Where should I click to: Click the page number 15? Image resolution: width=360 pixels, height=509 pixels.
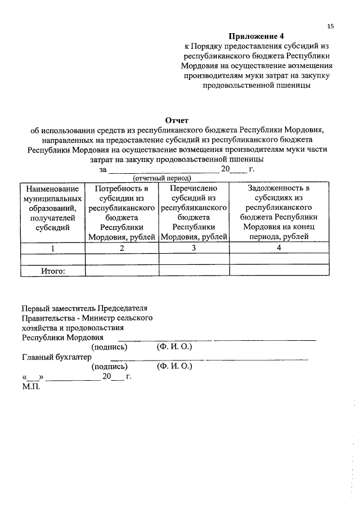[330, 26]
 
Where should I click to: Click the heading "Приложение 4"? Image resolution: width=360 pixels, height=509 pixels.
[256, 37]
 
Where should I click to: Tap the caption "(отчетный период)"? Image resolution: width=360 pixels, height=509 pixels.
[162, 178]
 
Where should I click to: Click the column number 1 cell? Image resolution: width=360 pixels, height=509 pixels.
[53, 248]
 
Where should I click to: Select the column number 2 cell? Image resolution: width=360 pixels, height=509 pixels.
[121, 248]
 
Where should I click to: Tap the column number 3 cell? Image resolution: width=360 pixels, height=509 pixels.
[193, 248]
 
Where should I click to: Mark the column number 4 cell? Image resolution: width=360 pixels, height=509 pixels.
[278, 248]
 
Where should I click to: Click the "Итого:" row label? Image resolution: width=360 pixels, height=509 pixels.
[53, 271]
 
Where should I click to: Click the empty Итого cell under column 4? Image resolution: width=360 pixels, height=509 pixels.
[278, 271]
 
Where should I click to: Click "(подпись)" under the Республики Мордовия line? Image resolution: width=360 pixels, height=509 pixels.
[109, 347]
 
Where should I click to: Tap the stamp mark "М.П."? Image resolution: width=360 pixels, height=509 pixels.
[30, 386]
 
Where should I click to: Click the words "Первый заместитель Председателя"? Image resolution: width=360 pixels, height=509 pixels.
[84, 308]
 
